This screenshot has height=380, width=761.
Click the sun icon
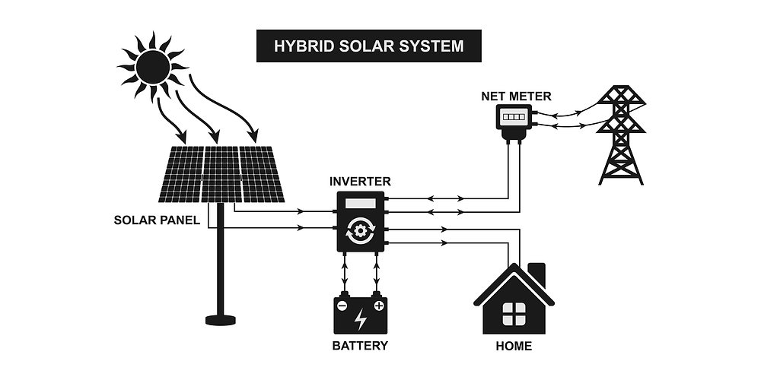tap(153, 67)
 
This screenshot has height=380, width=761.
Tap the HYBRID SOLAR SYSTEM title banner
tap(369, 46)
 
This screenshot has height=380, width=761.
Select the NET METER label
tap(517, 97)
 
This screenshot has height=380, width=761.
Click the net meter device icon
tap(514, 121)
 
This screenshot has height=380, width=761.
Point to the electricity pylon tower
tap(621, 135)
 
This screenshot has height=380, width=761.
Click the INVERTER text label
tap(360, 182)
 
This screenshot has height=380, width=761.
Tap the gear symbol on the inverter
tap(360, 231)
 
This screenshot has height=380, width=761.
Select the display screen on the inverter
tap(360, 204)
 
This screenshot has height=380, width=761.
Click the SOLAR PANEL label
tap(157, 220)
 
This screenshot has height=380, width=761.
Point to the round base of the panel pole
tap(221, 320)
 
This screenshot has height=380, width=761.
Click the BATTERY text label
tap(360, 346)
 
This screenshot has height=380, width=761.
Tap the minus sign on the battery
tap(342, 306)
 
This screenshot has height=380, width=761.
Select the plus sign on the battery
tap(379, 306)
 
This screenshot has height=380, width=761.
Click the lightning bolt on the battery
tap(360, 319)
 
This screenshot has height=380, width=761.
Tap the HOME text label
tap(514, 346)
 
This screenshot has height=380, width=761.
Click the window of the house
tap(514, 314)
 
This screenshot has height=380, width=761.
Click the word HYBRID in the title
tap(297, 46)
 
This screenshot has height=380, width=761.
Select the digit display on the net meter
tap(514, 117)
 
